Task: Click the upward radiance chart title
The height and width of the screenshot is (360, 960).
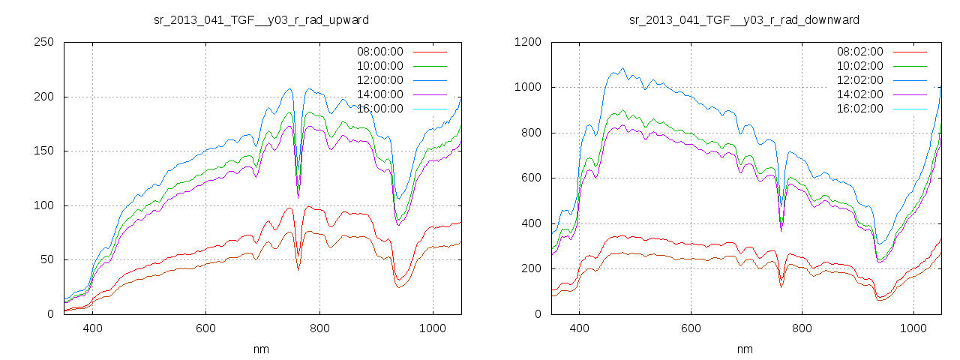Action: (x=261, y=19)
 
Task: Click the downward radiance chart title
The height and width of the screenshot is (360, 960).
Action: (x=744, y=19)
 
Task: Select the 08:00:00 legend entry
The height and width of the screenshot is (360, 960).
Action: (x=379, y=52)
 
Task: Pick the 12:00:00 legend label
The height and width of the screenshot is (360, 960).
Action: (x=379, y=80)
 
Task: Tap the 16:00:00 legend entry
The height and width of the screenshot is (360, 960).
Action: (x=379, y=109)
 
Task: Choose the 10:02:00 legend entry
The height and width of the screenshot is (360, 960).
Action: (x=860, y=66)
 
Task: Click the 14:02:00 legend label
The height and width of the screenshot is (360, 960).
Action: (x=860, y=94)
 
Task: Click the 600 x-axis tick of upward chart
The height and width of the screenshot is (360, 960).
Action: (x=206, y=328)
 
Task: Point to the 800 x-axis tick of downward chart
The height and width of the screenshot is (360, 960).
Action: (x=802, y=328)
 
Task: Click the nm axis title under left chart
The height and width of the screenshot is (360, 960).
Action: (x=261, y=349)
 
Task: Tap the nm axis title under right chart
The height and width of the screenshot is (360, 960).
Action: (x=744, y=349)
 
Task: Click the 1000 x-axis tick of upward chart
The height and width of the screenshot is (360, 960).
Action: (x=433, y=328)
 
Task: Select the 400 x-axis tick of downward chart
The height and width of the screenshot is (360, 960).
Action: (x=579, y=328)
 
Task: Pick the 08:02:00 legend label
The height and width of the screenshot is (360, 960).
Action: (x=860, y=52)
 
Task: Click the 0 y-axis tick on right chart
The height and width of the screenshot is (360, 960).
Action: (x=537, y=314)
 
